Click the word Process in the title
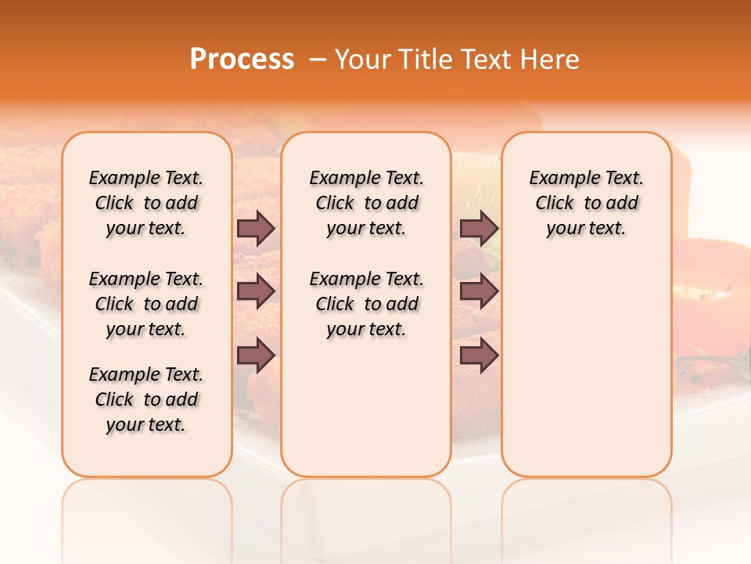coord(242,60)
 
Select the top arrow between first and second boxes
coord(256,228)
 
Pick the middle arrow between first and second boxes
coord(256,291)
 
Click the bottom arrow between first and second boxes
coord(256,356)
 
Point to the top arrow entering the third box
coord(479,228)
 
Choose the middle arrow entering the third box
coord(479,291)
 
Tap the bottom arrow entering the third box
coord(479,356)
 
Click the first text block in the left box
coord(146,203)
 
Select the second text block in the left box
coord(146,304)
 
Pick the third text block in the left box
coord(146,399)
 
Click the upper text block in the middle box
coord(366,203)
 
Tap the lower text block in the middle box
coord(366,304)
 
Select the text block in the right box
coord(586,203)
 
